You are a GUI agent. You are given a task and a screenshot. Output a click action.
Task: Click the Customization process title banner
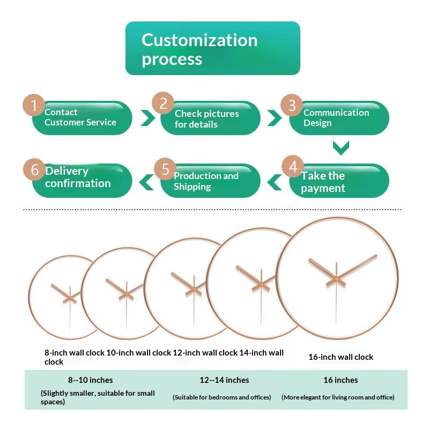(x=212, y=48)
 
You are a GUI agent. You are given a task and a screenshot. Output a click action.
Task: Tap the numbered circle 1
(x=34, y=105)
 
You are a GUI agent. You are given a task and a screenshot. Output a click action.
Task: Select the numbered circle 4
(x=293, y=166)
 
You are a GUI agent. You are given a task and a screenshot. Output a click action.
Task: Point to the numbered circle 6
(x=34, y=169)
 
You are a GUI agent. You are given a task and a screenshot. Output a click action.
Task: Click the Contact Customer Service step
(x=82, y=118)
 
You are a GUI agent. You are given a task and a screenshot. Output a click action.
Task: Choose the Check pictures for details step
(x=210, y=118)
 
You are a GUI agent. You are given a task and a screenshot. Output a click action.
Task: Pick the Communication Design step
(x=339, y=118)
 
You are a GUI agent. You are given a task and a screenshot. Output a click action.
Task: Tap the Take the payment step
(x=339, y=181)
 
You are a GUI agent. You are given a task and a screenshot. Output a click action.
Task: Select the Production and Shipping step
(x=210, y=181)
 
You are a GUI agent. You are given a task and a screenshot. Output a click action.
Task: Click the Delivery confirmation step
(x=82, y=181)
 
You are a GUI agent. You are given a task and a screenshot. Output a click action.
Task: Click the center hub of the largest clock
(x=336, y=279)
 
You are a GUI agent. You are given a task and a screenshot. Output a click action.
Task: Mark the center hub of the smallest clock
(x=70, y=298)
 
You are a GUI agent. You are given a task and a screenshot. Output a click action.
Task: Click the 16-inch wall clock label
(x=341, y=357)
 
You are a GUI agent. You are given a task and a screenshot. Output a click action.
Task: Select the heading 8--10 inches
(x=90, y=380)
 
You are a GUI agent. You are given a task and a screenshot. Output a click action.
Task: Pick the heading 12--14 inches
(x=224, y=380)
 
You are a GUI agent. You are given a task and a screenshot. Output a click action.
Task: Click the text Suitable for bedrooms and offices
(x=222, y=397)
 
